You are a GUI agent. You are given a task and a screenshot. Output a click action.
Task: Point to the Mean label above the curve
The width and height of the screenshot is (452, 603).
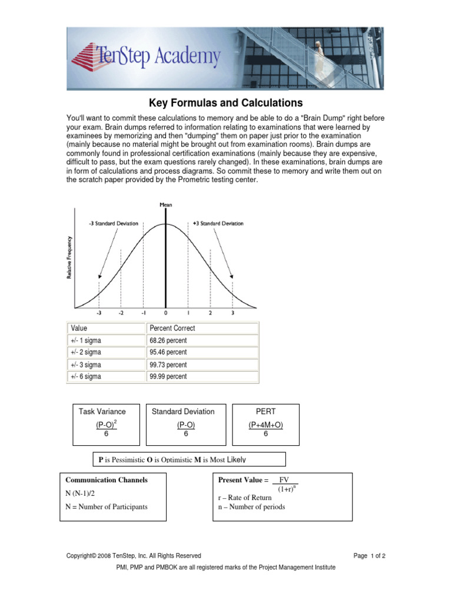(x=166, y=204)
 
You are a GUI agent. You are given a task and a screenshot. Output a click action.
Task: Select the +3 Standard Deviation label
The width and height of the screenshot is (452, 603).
(x=218, y=224)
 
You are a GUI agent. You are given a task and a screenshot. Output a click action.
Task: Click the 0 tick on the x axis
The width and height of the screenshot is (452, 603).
(x=166, y=313)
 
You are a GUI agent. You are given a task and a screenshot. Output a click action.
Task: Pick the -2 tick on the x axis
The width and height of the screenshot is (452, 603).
(x=121, y=313)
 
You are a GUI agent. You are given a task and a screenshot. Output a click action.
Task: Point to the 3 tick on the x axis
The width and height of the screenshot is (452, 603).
(x=232, y=313)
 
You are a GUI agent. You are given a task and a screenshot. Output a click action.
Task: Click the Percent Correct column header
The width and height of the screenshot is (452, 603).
(x=172, y=328)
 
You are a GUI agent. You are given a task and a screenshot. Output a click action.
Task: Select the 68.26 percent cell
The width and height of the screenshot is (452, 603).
(x=168, y=340)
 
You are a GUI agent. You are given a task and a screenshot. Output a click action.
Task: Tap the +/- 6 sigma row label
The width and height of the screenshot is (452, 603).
(x=86, y=376)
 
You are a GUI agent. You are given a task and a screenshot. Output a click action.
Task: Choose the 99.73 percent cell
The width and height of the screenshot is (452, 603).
(x=168, y=365)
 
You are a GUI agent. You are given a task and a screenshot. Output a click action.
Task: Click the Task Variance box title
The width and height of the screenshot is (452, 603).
(x=102, y=412)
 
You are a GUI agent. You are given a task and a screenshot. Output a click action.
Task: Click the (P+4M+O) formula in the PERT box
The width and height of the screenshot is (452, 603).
(x=266, y=425)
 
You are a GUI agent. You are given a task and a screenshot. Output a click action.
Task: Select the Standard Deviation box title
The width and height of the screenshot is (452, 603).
(x=183, y=412)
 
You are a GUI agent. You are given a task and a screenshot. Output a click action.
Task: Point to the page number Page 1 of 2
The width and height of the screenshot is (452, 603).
(x=369, y=555)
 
